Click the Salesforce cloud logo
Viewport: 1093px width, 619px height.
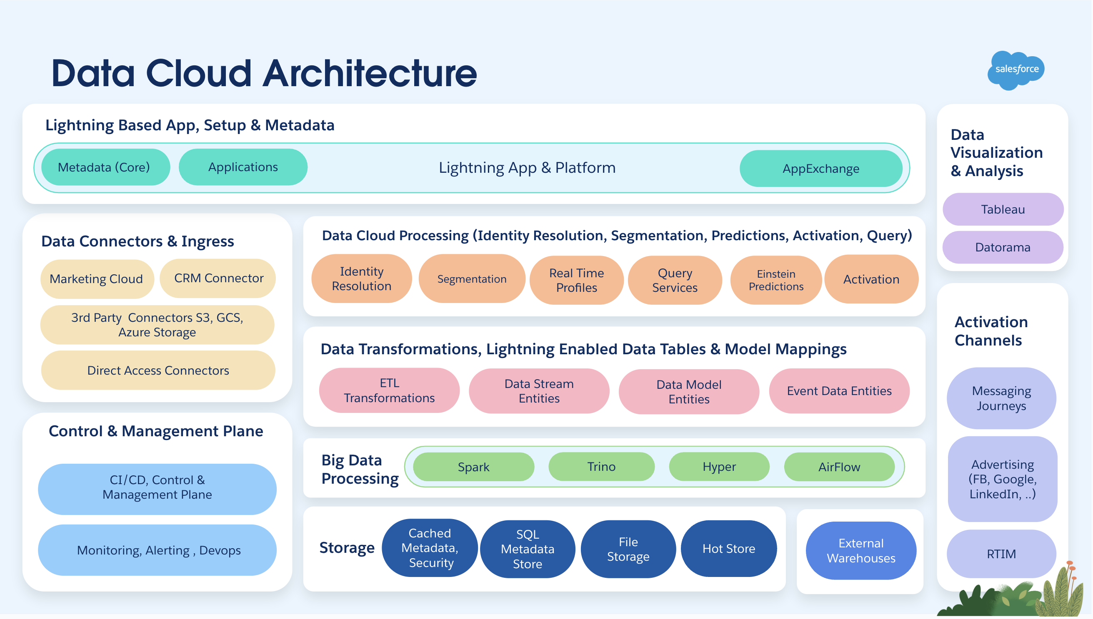[x=1016, y=69]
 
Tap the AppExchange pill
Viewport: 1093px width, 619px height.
[x=821, y=168]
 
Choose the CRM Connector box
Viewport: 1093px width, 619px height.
[x=218, y=278]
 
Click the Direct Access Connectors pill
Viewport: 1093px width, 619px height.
[x=158, y=370]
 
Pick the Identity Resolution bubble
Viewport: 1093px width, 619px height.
[x=361, y=278]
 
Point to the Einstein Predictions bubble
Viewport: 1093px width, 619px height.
[x=775, y=280]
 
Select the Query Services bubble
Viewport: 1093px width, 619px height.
[x=674, y=280]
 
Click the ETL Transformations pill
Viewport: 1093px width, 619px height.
[x=389, y=390]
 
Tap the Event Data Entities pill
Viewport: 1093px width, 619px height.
[x=838, y=391]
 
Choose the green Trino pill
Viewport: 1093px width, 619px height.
[x=601, y=466]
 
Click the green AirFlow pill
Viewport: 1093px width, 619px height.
[x=838, y=467]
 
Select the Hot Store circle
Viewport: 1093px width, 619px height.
[x=728, y=548]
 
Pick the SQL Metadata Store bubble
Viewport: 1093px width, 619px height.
[x=527, y=549]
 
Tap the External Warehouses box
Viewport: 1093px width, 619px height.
[x=861, y=551]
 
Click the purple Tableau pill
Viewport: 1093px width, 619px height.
[x=1003, y=209]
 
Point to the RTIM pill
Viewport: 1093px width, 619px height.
[x=1000, y=554]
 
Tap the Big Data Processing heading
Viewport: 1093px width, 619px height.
[x=360, y=469]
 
